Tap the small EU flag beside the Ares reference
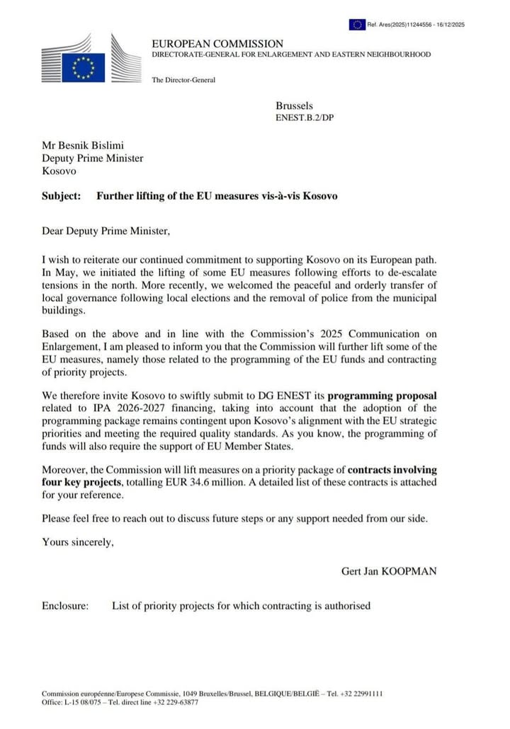(x=356, y=25)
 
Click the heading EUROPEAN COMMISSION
(x=217, y=44)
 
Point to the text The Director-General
(x=183, y=79)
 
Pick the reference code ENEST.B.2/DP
(x=305, y=117)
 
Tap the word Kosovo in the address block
(x=59, y=170)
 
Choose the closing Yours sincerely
(x=77, y=542)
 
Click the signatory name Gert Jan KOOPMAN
(x=388, y=570)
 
